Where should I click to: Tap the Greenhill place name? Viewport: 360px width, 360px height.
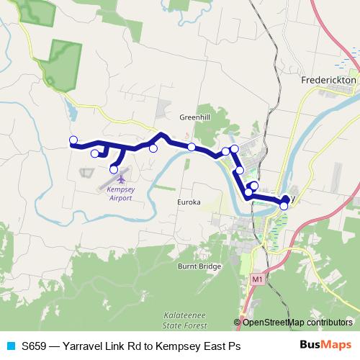click(193, 116)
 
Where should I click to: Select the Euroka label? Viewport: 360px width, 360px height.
click(189, 202)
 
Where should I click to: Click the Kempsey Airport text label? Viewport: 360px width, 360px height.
click(119, 192)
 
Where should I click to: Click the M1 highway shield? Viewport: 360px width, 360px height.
click(257, 278)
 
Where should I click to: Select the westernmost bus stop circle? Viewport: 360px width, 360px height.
click(73, 140)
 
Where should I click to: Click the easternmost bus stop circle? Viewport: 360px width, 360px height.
click(284, 206)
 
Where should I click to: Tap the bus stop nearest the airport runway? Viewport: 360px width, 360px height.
click(114, 169)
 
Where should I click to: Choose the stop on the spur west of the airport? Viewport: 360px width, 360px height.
click(94, 153)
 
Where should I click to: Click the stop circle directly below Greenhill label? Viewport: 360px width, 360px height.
click(192, 147)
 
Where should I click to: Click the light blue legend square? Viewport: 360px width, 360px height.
click(10, 346)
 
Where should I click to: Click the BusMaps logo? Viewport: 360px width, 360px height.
click(325, 346)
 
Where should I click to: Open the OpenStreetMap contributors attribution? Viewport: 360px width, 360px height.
click(297, 322)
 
